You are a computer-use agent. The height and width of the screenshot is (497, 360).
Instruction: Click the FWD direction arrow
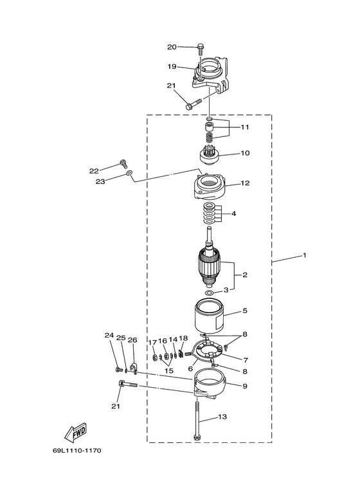point(75,432)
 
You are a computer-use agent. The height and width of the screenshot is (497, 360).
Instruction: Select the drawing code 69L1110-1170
point(77,451)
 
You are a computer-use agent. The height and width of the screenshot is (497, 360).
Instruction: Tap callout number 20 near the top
point(172,47)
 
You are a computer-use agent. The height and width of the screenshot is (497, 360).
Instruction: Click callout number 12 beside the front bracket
point(245,183)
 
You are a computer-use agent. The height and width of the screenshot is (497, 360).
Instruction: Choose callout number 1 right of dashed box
point(305,255)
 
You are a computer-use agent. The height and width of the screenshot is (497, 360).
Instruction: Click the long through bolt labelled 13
point(197,420)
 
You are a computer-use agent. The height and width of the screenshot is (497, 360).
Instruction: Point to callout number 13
point(222,417)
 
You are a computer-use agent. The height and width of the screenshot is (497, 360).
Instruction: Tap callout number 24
point(109,335)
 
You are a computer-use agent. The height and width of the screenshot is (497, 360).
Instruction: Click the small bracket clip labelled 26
point(134,368)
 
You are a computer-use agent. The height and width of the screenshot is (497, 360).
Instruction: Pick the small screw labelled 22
point(123,164)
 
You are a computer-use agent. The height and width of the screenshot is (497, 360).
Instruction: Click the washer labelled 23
point(129,173)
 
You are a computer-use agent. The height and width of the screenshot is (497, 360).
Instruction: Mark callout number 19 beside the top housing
point(172,67)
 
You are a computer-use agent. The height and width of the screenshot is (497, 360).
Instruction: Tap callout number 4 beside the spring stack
point(233,213)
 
